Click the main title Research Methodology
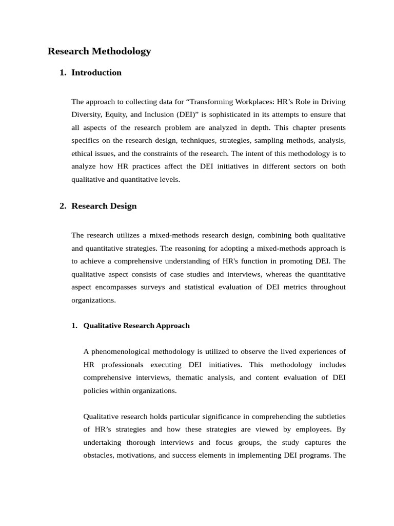click(x=99, y=51)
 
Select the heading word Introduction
click(x=96, y=72)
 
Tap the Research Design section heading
click(x=104, y=206)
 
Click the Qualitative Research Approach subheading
click(x=136, y=325)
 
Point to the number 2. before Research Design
click(x=63, y=206)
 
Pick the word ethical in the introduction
click(x=83, y=153)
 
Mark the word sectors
click(x=289, y=166)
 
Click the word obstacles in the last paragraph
click(x=98, y=455)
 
